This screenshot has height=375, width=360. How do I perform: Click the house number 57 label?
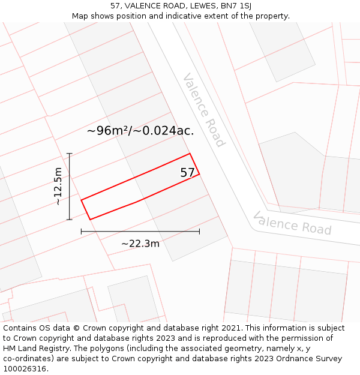coord(187,173)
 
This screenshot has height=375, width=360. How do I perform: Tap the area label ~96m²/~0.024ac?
coord(140,131)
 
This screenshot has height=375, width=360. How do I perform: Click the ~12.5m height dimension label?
coord(58,187)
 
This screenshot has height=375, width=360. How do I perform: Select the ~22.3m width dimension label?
coord(140,244)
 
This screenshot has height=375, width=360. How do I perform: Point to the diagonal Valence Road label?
coord(204,110)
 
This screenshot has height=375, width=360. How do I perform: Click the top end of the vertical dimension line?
coord(70,154)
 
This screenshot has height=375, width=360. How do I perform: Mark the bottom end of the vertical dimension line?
coord(70,220)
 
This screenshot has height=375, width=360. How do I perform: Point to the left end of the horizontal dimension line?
coord(81,231)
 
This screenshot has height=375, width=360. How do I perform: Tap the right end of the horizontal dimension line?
coord(200,231)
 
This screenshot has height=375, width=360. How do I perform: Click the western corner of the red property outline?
coord(81,200)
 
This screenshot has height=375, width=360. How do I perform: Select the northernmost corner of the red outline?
coord(190,154)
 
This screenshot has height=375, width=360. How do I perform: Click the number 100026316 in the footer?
coord(25,369)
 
